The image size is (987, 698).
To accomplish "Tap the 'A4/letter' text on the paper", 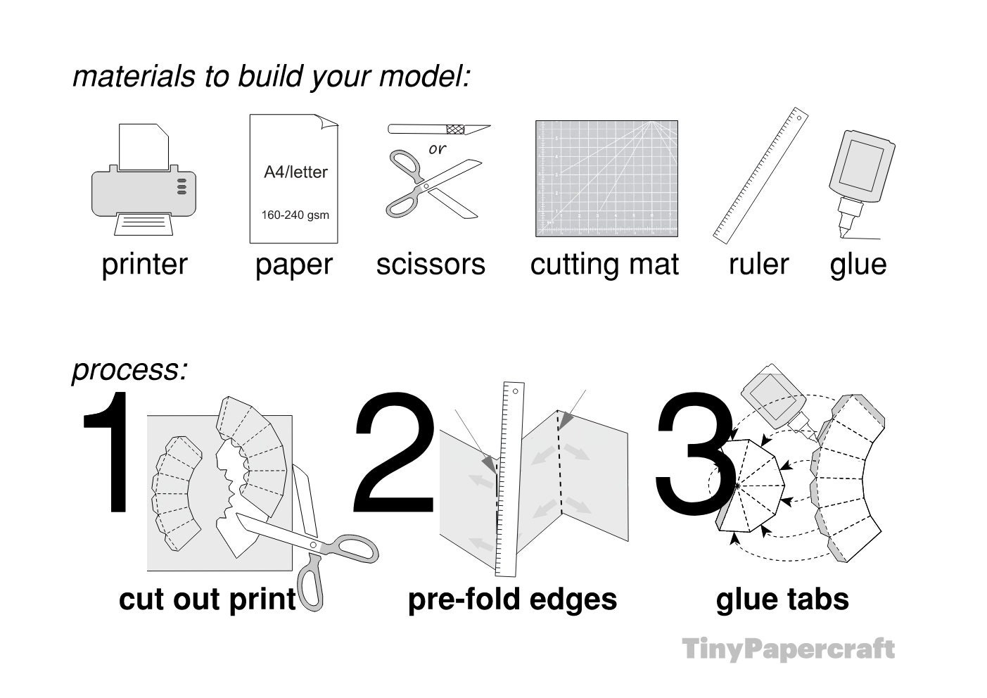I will coord(295,172).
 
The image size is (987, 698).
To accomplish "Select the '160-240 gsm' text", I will coord(295,215).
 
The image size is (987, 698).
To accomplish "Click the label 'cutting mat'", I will coord(604,265).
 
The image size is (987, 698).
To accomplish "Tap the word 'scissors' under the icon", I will coord(431,265).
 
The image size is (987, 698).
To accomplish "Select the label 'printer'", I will coord(144,265).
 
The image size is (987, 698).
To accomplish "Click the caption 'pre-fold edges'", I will coord(512,599).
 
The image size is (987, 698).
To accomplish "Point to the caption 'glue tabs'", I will coord(782,599).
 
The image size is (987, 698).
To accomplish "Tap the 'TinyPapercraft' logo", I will coord(788,649).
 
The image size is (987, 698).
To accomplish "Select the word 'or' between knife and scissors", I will coord(437,149).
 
